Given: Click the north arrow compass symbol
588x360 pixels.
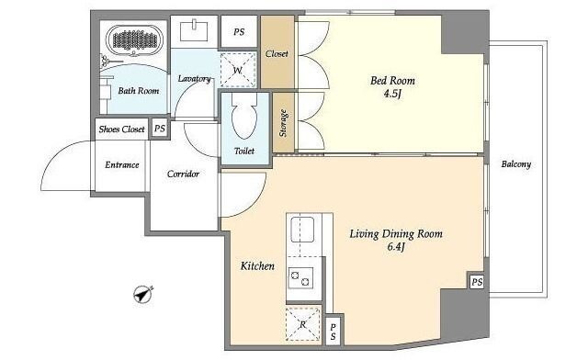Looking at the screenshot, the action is pyautogui.click(x=143, y=295).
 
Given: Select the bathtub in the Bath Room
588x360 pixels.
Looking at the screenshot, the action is pyautogui.click(x=135, y=39).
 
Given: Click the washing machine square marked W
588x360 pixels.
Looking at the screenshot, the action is pyautogui.click(x=238, y=70).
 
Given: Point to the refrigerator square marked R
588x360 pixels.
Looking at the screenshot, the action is pyautogui.click(x=303, y=324).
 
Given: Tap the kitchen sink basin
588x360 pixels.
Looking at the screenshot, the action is pyautogui.click(x=302, y=230).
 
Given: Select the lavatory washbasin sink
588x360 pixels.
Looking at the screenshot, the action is pyautogui.click(x=194, y=31).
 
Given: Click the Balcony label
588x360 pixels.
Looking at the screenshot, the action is pyautogui.click(x=516, y=164).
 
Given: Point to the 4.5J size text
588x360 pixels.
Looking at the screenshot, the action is pyautogui.click(x=392, y=94).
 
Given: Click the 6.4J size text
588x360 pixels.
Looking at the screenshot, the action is pyautogui.click(x=396, y=247).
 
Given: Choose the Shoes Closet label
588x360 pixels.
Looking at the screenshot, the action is pyautogui.click(x=121, y=129).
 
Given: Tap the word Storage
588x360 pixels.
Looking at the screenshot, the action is pyautogui.click(x=284, y=123).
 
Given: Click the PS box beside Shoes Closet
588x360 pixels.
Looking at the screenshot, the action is pyautogui.click(x=160, y=129).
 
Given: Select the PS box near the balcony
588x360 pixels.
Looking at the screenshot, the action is pyautogui.click(x=477, y=282).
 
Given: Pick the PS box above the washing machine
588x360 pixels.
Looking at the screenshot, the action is pyautogui.click(x=239, y=32).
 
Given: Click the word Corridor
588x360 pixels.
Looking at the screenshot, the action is pyautogui.click(x=183, y=174).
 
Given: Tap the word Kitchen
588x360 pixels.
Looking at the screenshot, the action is pyautogui.click(x=257, y=266).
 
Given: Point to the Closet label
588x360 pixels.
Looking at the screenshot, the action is pyautogui.click(x=277, y=54).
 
